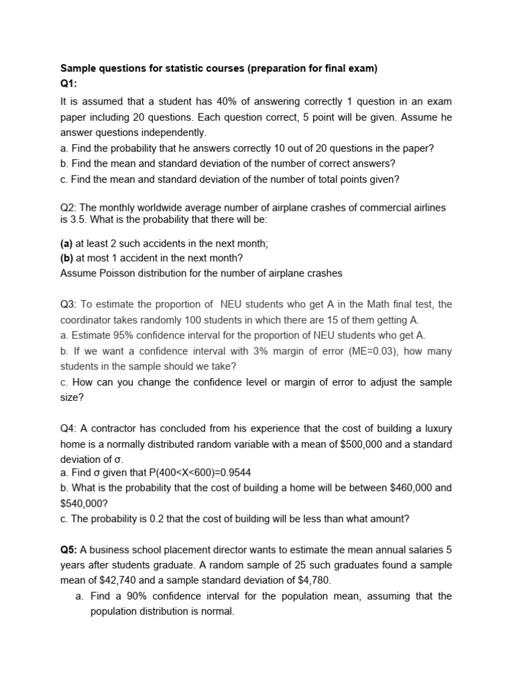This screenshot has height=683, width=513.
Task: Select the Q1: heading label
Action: click(x=70, y=84)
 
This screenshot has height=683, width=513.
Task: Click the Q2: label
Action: click(x=69, y=208)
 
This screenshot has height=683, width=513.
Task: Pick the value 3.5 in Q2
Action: click(x=79, y=219)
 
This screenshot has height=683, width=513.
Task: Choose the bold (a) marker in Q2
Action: click(x=67, y=243)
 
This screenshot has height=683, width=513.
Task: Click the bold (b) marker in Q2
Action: click(x=67, y=257)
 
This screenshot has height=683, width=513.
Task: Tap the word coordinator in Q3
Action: click(x=85, y=319)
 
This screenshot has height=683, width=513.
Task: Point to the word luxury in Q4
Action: click(x=436, y=428)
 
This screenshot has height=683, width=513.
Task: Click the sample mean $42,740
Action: click(x=105, y=580)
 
